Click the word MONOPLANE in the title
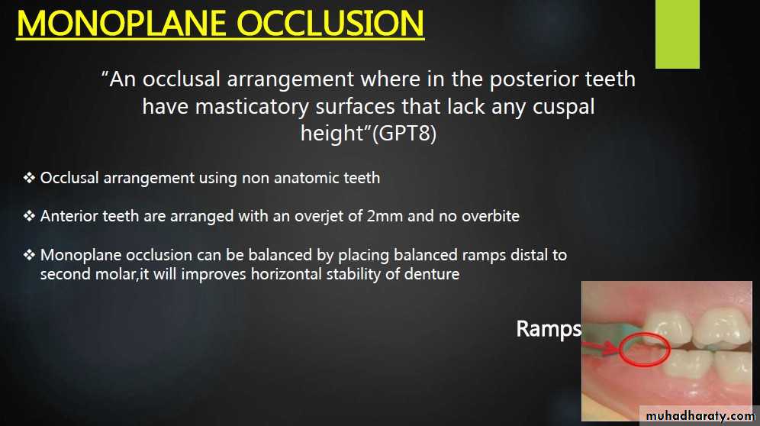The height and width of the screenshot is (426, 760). click(x=121, y=24)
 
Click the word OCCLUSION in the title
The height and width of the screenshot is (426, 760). click(x=330, y=24)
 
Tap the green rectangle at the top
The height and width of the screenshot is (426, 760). click(x=677, y=34)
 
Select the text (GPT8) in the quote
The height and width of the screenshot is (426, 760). click(x=404, y=133)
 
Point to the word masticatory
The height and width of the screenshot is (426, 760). click(x=252, y=106)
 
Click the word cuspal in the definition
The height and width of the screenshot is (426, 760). click(x=564, y=106)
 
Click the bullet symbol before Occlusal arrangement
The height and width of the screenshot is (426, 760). click(x=29, y=178)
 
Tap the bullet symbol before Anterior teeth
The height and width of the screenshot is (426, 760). click(x=29, y=215)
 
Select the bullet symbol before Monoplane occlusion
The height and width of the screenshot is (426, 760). click(x=29, y=254)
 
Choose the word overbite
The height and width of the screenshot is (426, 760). click(x=490, y=215)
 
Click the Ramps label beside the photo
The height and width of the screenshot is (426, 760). click(x=549, y=329)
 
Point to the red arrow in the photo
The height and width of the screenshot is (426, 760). click(x=601, y=347)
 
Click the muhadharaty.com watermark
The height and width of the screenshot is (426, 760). click(x=700, y=415)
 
